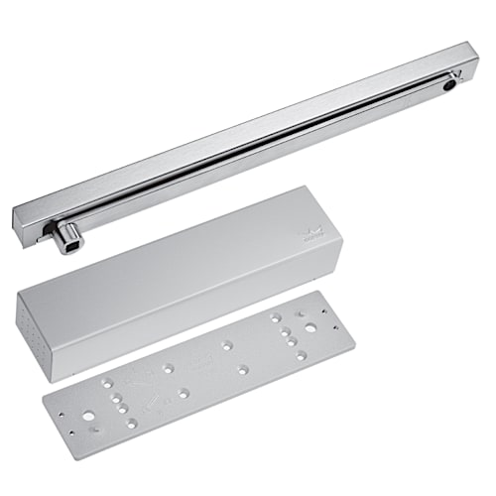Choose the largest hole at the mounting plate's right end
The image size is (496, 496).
tap(311, 326)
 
